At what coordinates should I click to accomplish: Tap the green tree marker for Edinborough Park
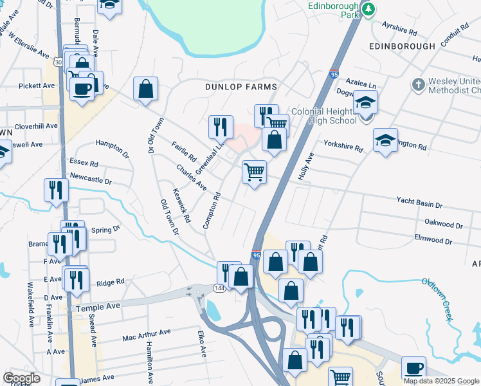[368, 10]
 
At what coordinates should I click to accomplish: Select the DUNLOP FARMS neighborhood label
[240, 86]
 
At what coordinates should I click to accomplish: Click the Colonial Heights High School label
[323, 116]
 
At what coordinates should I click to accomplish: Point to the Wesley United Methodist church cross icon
[419, 84]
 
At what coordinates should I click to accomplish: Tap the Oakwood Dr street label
[444, 225]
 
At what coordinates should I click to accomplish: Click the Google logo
[21, 378]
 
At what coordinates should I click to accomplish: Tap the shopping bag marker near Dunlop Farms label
[146, 89]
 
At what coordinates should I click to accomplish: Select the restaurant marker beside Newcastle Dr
[55, 190]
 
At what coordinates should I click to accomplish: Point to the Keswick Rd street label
[182, 205]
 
